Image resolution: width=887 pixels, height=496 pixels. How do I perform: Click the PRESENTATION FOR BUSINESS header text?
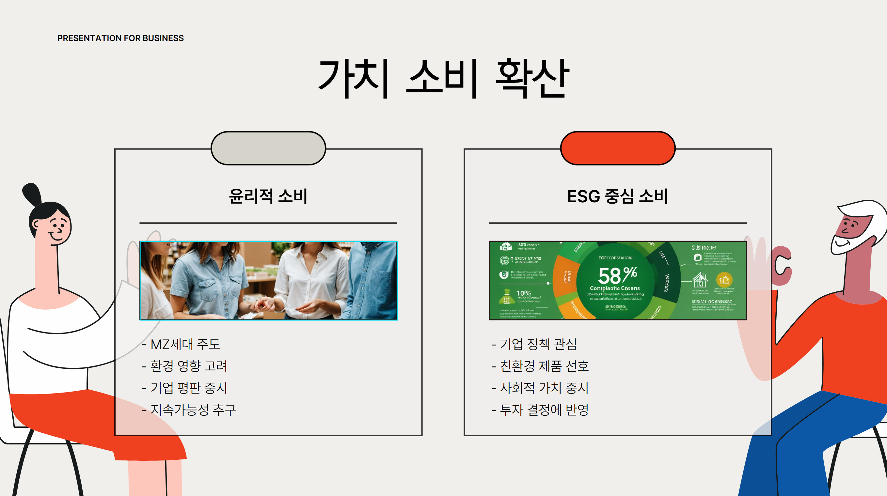[120, 38]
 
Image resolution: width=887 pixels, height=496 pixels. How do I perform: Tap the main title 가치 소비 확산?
[443, 78]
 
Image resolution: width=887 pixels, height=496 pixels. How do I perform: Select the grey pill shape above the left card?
[268, 148]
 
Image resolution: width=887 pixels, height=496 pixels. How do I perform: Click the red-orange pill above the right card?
[618, 148]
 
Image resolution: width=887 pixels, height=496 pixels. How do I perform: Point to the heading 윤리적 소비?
[268, 196]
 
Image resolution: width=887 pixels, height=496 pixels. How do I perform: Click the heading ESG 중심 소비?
[617, 196]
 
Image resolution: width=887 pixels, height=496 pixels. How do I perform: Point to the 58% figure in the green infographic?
[617, 275]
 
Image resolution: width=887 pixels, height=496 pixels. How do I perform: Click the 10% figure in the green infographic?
[523, 293]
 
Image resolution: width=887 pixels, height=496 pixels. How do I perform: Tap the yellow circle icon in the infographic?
[724, 280]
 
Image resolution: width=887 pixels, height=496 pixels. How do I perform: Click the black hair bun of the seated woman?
[32, 194]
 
